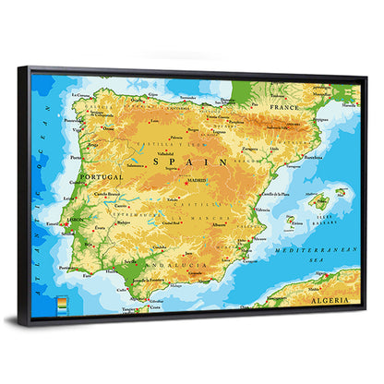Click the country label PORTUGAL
click(102, 176)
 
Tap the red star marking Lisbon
click(66, 222)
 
